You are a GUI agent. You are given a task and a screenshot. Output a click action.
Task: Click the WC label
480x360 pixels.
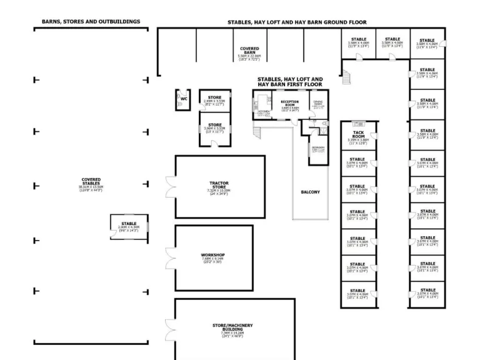184,98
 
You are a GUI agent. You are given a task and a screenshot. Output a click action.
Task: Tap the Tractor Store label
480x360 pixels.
219,184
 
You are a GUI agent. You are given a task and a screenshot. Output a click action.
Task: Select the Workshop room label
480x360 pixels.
213,255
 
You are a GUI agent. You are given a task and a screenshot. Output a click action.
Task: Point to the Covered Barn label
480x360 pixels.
249,49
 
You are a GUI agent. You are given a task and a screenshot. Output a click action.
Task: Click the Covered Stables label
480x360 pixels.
91,181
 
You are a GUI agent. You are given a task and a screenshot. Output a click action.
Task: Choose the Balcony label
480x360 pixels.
310,192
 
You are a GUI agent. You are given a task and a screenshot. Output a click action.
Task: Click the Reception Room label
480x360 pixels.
290,102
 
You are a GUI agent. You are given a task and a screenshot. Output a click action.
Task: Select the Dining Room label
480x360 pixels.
318,102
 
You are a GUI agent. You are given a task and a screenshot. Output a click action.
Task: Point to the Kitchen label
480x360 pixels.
264,112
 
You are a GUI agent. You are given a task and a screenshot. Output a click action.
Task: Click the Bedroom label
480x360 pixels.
318,147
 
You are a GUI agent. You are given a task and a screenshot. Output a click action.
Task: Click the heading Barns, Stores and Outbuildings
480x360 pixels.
91,21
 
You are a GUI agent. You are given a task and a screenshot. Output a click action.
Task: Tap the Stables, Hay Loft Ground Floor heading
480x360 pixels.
297,22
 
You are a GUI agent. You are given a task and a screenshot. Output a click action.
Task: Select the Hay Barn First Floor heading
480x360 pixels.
291,82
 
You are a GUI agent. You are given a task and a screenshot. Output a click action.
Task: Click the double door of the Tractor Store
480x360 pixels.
169,187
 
